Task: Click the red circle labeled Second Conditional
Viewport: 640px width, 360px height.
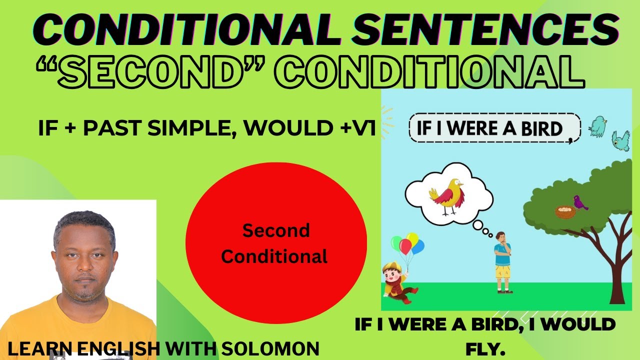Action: click(x=276, y=243)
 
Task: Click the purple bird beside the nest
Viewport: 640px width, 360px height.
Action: click(x=580, y=202)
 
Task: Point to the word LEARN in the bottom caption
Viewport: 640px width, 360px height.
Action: click(x=33, y=349)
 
